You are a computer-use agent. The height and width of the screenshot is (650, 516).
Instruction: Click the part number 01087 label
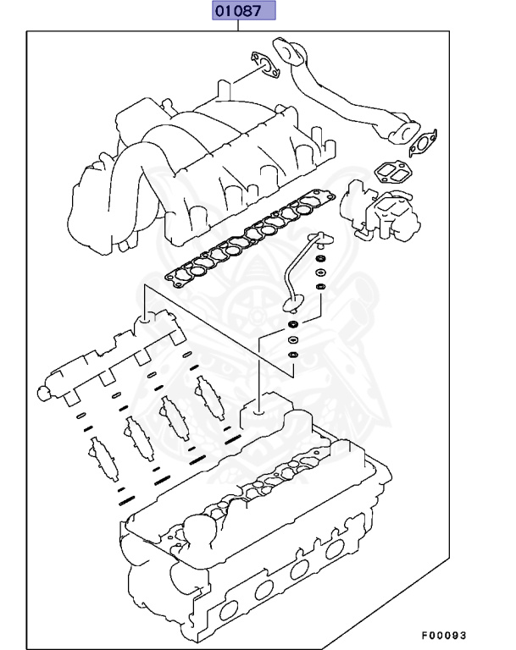pyautogui.click(x=243, y=11)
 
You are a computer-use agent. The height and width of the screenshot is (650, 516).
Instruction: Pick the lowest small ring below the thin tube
pyautogui.click(x=292, y=355)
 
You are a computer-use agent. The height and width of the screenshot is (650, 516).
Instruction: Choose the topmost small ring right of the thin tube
pyautogui.click(x=321, y=258)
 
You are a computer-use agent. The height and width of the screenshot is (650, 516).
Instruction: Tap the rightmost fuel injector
pyautogui.click(x=208, y=394)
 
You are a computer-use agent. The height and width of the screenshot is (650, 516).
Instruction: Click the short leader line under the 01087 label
pyautogui.click(x=240, y=26)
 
